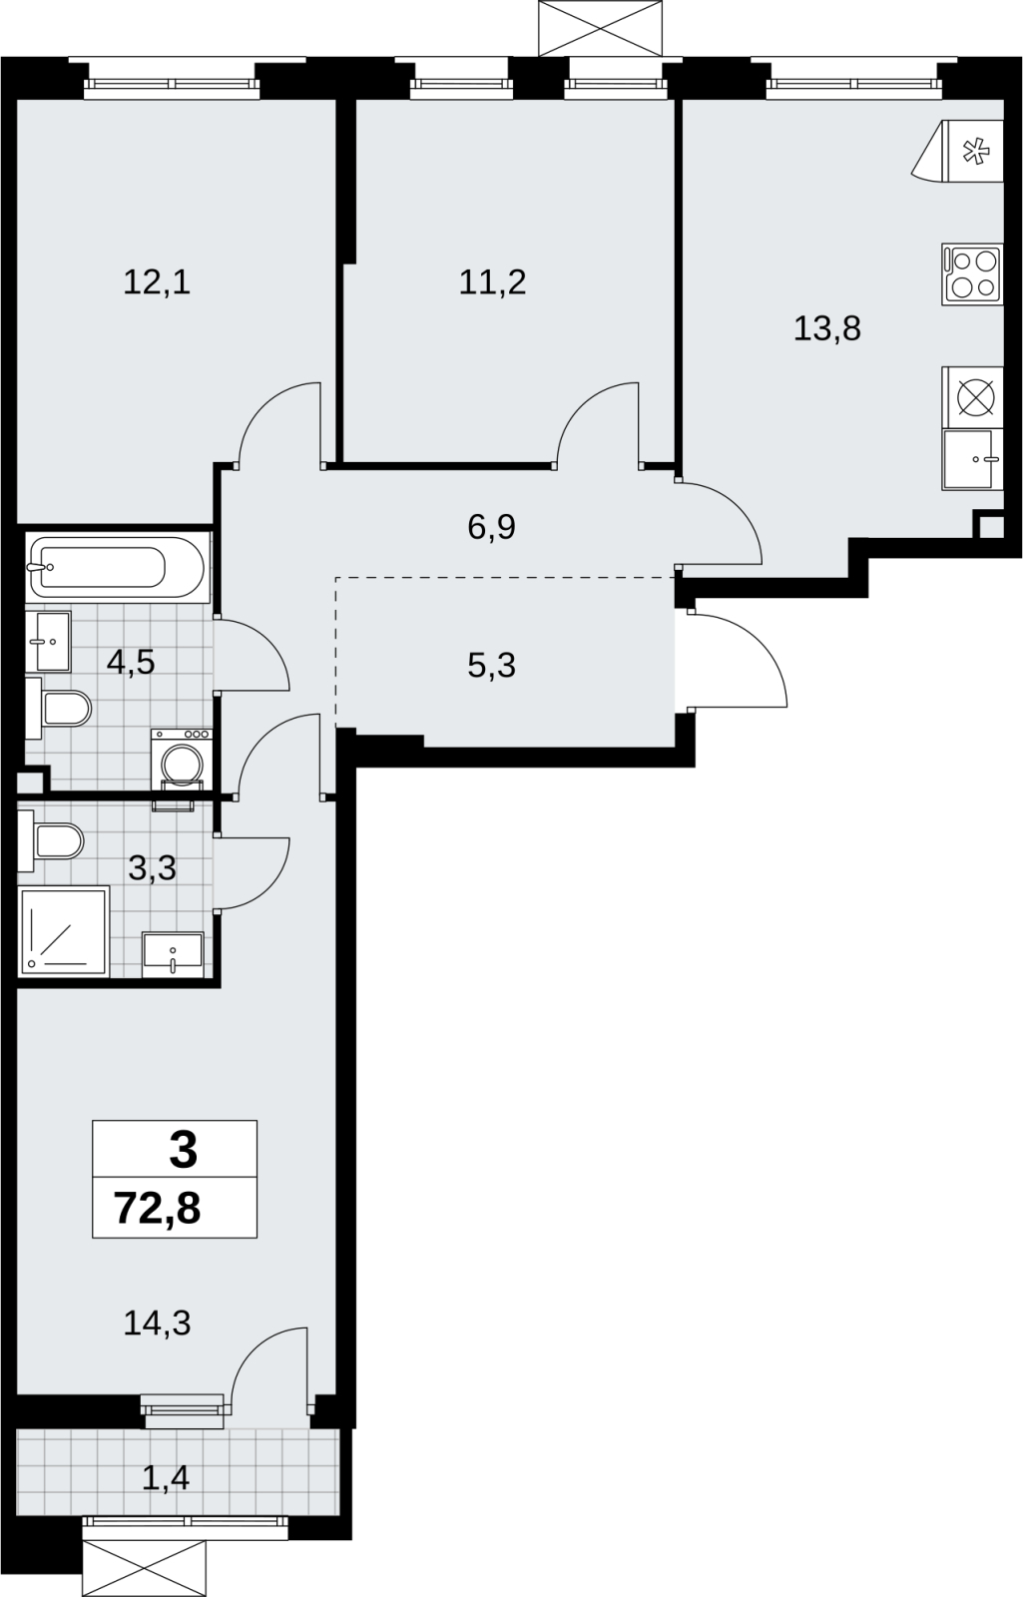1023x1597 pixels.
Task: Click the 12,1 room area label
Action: (x=157, y=283)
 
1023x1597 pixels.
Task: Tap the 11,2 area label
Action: (x=493, y=283)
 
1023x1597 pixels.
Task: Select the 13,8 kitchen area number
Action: (x=827, y=329)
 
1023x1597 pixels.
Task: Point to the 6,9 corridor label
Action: (x=491, y=528)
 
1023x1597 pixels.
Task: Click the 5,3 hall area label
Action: (x=491, y=665)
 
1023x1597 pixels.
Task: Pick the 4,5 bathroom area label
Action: (x=131, y=663)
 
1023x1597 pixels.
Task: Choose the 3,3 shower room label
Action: (x=152, y=868)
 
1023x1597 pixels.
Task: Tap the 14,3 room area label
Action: (x=157, y=1324)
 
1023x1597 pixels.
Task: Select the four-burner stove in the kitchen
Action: (x=972, y=274)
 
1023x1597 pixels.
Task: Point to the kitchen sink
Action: (x=972, y=459)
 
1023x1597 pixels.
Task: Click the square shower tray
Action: (x=64, y=932)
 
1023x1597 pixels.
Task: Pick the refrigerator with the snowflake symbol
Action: (x=957, y=151)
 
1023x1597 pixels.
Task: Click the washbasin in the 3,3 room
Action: (x=174, y=954)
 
